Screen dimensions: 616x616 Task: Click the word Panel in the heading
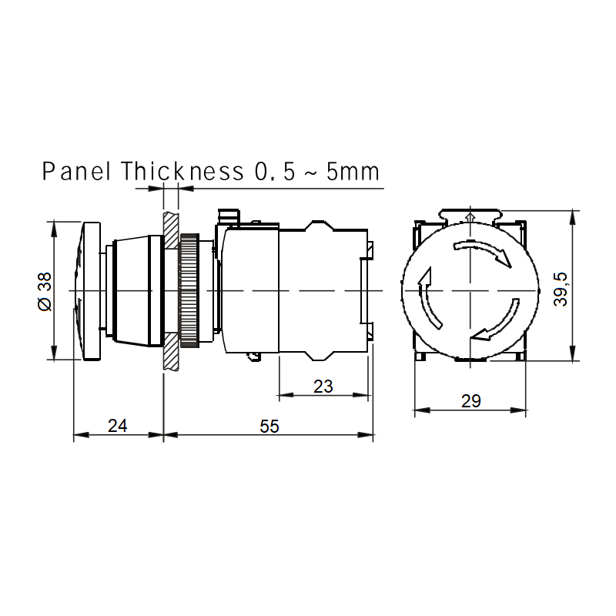[76, 171]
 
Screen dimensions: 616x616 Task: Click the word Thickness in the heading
[182, 171]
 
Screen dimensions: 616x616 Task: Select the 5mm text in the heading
[353, 172]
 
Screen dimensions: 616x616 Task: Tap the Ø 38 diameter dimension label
[45, 292]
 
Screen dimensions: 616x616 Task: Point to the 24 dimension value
[118, 426]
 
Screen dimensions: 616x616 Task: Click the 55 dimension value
[269, 427]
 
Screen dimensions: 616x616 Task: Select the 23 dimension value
[323, 387]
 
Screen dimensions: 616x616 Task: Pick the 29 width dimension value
[470, 401]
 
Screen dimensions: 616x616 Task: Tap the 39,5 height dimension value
[561, 290]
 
